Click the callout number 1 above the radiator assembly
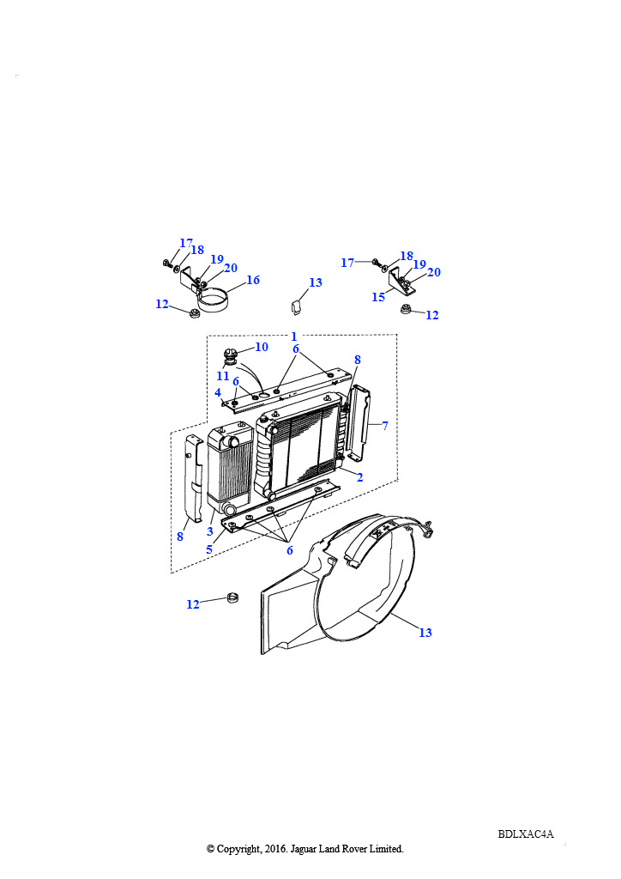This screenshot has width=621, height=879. (x=294, y=336)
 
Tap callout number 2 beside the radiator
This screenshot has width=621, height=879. (x=359, y=477)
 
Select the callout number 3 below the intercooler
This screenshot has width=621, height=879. (x=210, y=530)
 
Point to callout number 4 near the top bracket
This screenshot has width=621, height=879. (x=218, y=392)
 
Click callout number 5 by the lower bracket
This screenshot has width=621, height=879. (x=209, y=549)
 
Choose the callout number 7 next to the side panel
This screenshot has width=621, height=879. (x=385, y=426)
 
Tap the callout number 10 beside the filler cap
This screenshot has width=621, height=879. (x=262, y=347)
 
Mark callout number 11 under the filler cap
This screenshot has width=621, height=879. (x=223, y=376)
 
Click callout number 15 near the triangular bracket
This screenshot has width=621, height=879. (x=378, y=296)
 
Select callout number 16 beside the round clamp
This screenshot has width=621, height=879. (x=253, y=280)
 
